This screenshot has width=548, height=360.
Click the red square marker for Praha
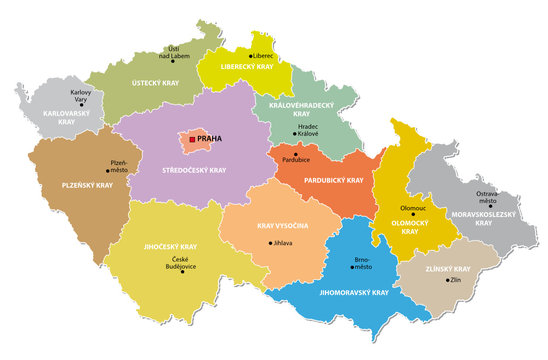(x=193, y=141)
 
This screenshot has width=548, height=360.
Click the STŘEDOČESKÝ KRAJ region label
(x=194, y=171)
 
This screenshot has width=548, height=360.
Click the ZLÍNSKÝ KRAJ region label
(x=447, y=269)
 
